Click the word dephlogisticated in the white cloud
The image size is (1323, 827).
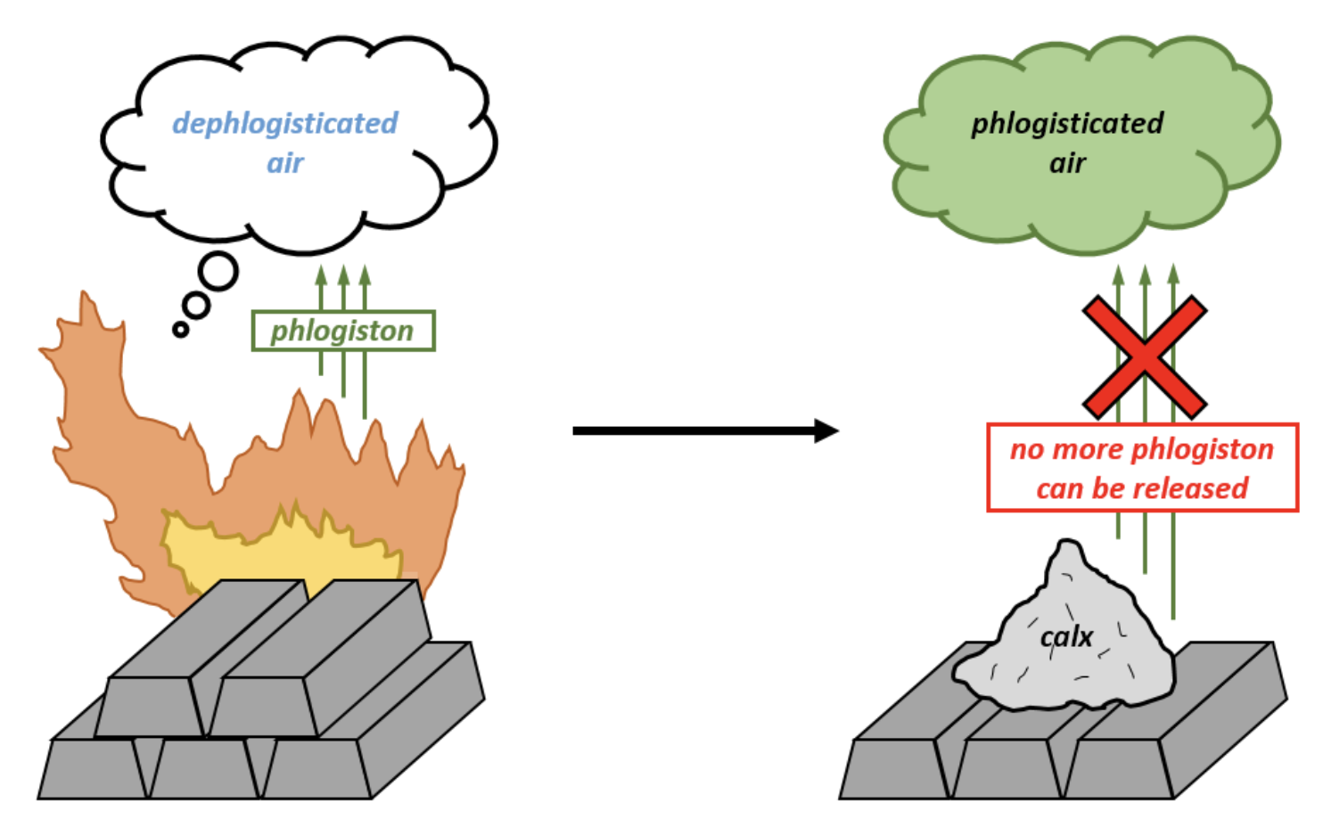pyautogui.click(x=284, y=123)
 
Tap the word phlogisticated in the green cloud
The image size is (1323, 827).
pyautogui.click(x=1067, y=123)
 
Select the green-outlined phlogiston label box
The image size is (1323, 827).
pyautogui.click(x=343, y=331)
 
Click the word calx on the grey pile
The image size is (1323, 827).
pyautogui.click(x=1066, y=636)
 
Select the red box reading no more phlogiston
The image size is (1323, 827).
pyautogui.click(x=1142, y=468)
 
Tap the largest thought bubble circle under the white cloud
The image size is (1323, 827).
pyautogui.click(x=218, y=272)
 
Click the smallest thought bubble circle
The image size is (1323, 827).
pyautogui.click(x=180, y=330)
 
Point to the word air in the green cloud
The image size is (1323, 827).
pyautogui.click(x=1067, y=163)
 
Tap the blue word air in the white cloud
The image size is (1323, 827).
pyautogui.click(x=285, y=163)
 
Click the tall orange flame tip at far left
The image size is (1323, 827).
pyautogui.click(x=86, y=307)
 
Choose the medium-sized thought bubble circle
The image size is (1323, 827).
pyautogui.click(x=196, y=306)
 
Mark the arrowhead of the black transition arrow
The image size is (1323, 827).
pyautogui.click(x=826, y=431)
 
